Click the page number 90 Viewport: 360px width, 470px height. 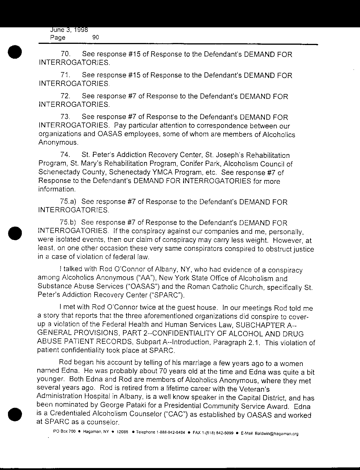point(96,37)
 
